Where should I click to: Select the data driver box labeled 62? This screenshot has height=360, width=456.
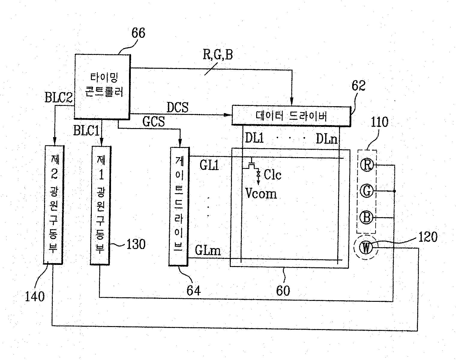(291, 115)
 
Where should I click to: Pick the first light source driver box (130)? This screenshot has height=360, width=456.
(100, 205)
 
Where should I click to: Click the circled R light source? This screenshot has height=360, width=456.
(367, 165)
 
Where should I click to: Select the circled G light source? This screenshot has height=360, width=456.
(367, 191)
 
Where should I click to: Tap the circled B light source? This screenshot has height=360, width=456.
(367, 217)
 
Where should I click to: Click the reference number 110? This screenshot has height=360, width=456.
(379, 122)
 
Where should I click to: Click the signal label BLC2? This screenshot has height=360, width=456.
(58, 98)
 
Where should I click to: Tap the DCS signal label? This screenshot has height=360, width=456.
(178, 108)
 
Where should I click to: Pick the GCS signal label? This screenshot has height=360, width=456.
(154, 122)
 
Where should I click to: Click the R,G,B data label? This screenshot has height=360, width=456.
(218, 55)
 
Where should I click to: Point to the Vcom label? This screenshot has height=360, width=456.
(261, 194)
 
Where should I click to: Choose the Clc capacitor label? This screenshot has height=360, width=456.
(272, 175)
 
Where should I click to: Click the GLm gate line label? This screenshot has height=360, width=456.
(208, 250)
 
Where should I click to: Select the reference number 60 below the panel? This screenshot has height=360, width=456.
(283, 290)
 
